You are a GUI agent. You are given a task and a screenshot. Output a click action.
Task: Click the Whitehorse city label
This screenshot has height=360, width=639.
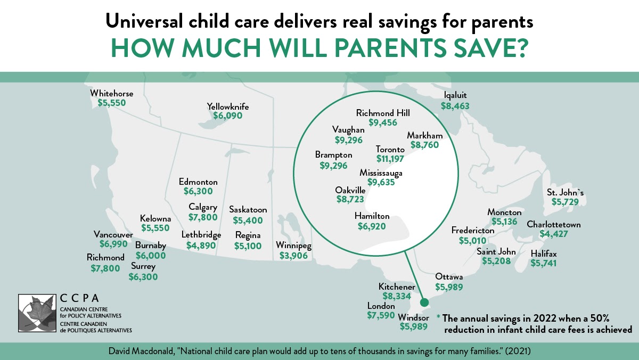coord(111,94)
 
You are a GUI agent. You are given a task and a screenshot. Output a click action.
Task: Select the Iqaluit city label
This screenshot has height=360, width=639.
coord(455,96)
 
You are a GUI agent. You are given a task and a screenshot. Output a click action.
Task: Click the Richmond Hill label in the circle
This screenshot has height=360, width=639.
coord(383,113)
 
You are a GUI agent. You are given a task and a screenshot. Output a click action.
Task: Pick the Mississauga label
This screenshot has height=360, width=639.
coord(381,173)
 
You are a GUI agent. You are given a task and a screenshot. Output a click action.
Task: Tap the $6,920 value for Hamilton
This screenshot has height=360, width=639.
coord(372,226)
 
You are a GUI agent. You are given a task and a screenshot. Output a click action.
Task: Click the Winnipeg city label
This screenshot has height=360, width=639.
coord(293,246)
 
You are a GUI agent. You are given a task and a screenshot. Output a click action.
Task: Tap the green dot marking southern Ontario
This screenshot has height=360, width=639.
coord(424,302)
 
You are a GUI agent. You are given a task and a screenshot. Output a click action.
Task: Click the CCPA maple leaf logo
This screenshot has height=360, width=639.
coord(36,313)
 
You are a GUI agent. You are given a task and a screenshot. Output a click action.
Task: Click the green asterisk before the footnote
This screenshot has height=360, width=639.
coord(439,318)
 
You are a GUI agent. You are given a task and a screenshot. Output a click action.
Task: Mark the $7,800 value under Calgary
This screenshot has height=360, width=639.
coord(203,217)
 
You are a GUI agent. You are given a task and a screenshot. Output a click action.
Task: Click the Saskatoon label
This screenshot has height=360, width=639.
coord(248,210)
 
